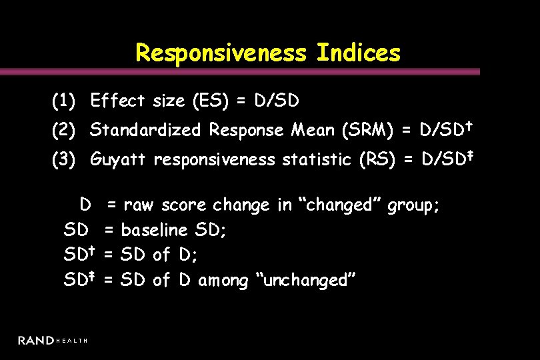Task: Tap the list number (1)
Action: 65,101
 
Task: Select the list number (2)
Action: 65,130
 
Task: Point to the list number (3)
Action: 65,159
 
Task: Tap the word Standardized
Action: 145,130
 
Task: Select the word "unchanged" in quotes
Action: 303,280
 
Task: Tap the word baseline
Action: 155,231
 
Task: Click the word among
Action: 223,280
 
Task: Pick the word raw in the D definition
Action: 138,205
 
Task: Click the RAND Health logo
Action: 53,341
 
